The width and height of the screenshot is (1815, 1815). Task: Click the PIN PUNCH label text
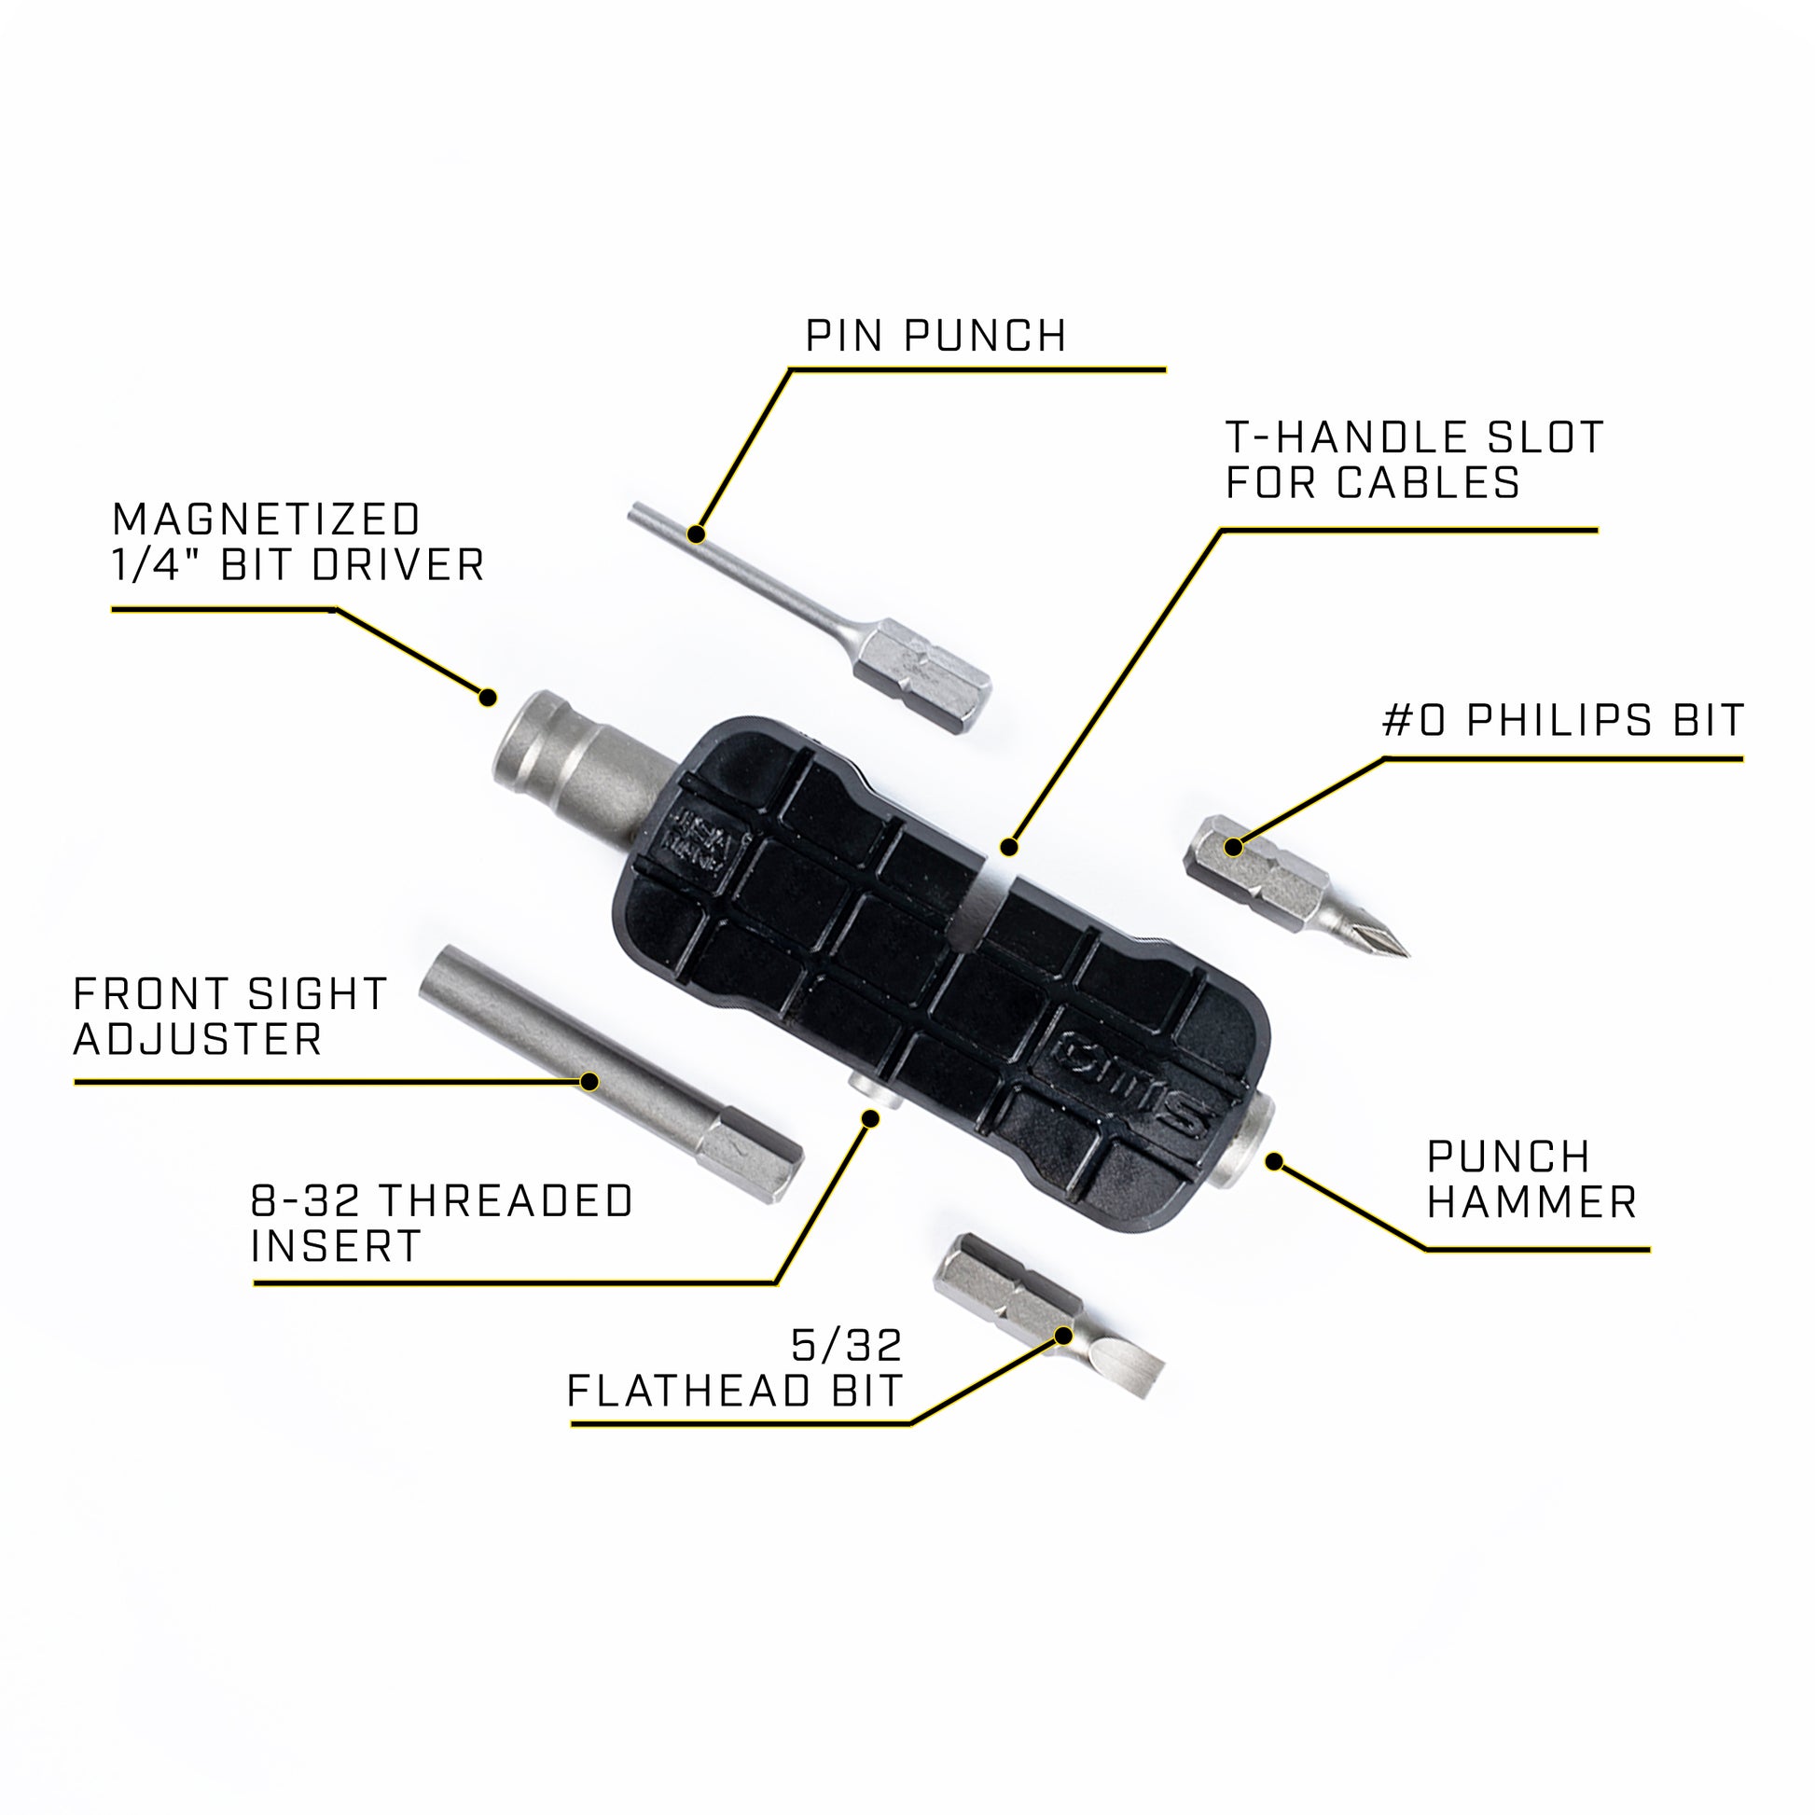click(935, 338)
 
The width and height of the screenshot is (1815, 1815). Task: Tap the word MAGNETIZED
click(267, 520)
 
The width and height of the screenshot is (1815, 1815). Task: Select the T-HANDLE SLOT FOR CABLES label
click(1414, 461)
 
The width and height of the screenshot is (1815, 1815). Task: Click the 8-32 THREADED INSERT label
click(441, 1223)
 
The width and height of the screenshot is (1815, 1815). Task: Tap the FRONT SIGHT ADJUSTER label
click(230, 1017)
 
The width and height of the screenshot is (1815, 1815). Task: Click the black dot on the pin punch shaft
click(696, 534)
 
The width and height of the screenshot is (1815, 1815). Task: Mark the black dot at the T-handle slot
click(1009, 848)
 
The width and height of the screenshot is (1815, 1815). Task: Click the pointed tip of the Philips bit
click(1400, 950)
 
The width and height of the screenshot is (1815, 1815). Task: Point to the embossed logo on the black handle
click(1132, 1078)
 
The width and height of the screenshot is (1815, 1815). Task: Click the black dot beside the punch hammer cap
click(1275, 1162)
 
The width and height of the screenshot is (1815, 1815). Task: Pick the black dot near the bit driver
click(488, 698)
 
